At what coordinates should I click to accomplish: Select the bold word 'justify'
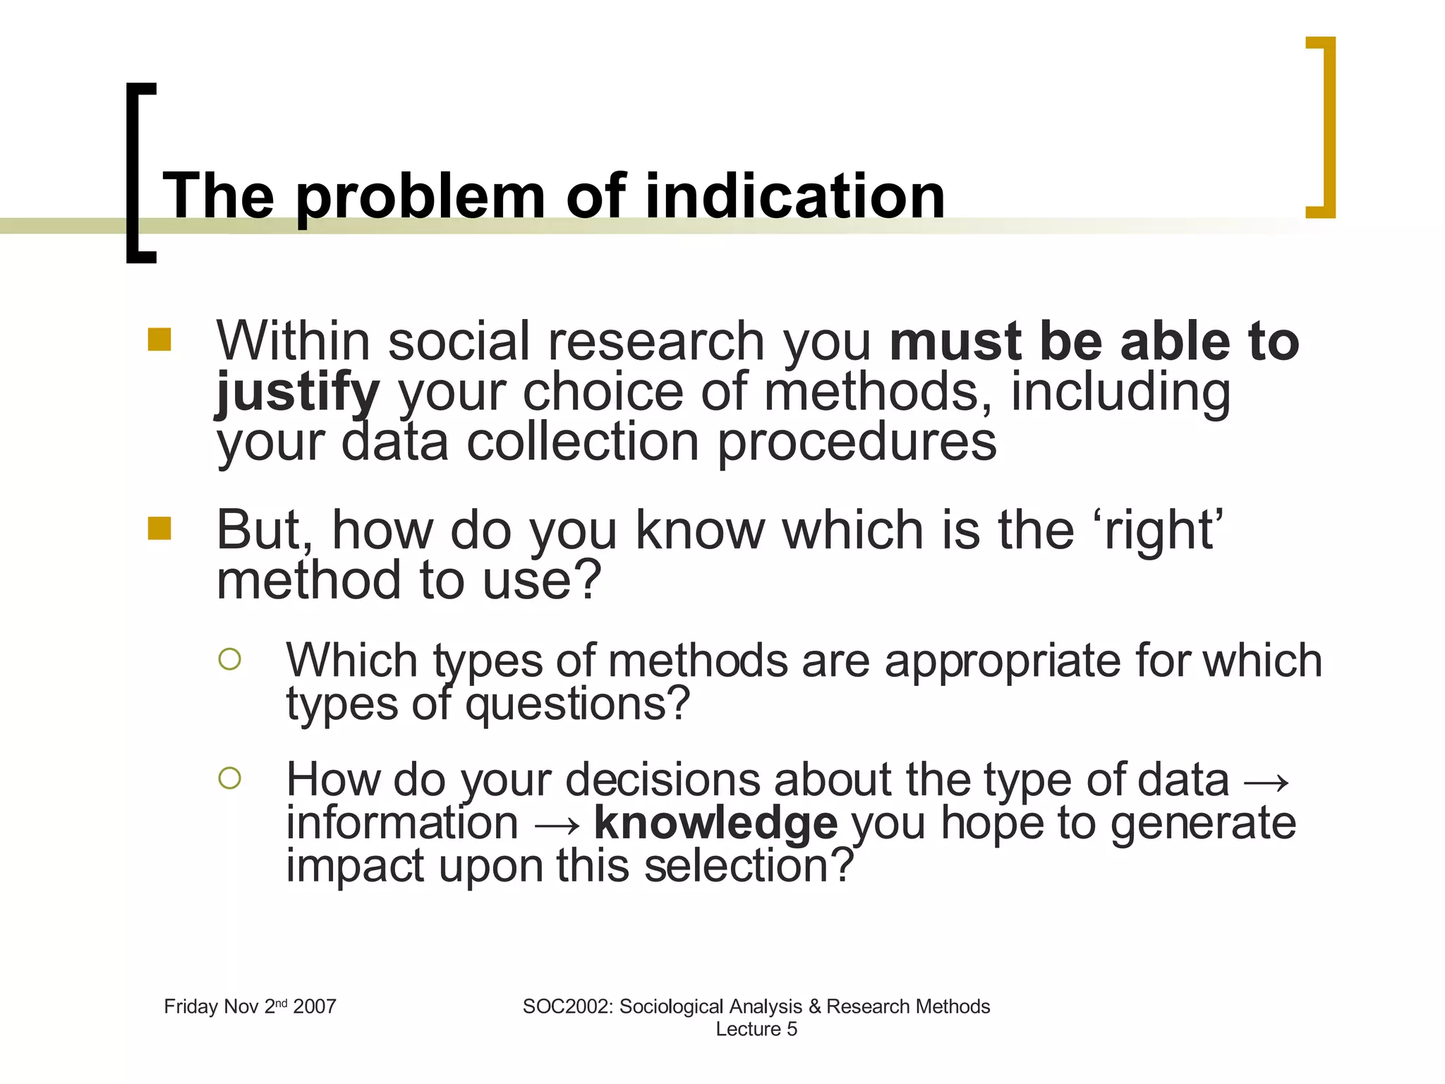(x=298, y=392)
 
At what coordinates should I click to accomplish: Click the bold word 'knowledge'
(x=715, y=823)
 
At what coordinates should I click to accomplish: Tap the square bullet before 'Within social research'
(x=159, y=339)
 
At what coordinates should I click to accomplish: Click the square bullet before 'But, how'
(x=159, y=528)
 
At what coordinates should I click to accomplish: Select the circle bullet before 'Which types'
(x=230, y=659)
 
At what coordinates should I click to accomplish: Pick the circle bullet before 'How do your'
(x=230, y=778)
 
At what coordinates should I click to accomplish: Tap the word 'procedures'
(x=857, y=443)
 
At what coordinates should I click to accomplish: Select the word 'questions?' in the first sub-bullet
(x=577, y=704)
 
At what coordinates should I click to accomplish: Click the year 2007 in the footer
(x=315, y=1006)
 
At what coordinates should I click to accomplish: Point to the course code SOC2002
(x=566, y=1006)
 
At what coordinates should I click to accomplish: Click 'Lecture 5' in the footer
(x=756, y=1029)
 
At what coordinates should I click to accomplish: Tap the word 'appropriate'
(x=1003, y=662)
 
